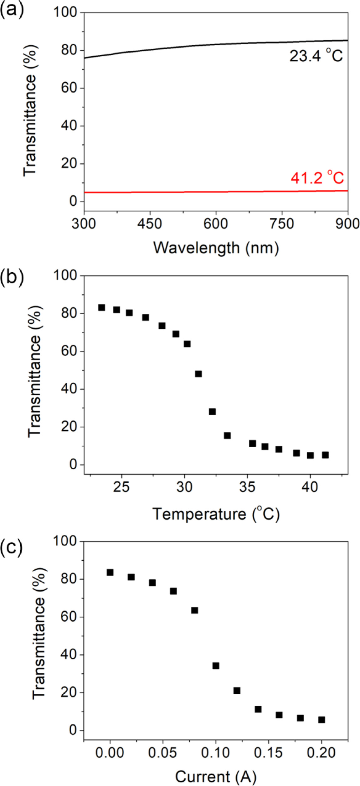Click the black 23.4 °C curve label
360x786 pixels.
pos(316,56)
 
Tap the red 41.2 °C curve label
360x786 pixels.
pos(317,178)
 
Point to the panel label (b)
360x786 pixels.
pos(12,277)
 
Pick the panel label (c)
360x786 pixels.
pos(11,546)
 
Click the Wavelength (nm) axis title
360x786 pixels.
pos(216,248)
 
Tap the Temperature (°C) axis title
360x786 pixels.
pos(216,514)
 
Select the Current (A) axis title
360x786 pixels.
pos(216,775)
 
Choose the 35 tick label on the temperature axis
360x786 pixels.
pos(247,487)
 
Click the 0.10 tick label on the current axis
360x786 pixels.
pos(215,753)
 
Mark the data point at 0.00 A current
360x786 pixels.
pos(110,573)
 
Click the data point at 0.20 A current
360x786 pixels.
pos(321,720)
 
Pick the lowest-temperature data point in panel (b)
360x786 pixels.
pos(101,307)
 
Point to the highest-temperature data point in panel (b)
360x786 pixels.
pos(325,455)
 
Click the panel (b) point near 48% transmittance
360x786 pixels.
pos(198,374)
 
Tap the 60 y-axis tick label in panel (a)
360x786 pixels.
pos(69,88)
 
